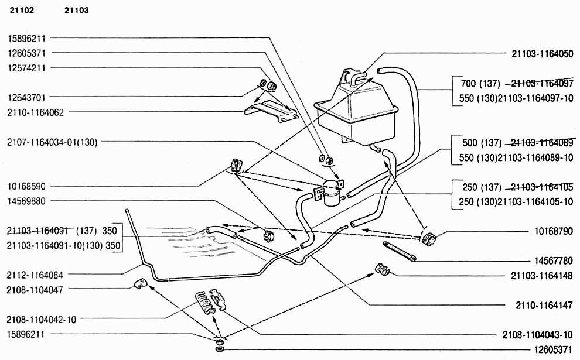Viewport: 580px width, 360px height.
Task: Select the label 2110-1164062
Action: click(x=35, y=112)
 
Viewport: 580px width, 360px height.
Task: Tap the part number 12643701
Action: click(x=26, y=97)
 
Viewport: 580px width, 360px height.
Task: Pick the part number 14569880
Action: click(x=26, y=201)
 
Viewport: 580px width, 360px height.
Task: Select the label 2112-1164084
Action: click(x=35, y=274)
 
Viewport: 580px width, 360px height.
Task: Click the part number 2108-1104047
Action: click(x=35, y=289)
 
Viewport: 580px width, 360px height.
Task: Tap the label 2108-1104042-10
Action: click(x=41, y=320)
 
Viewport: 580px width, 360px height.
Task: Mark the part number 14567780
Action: click(x=553, y=260)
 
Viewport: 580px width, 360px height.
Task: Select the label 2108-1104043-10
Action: click(x=537, y=335)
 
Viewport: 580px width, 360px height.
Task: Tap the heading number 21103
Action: click(x=77, y=11)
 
